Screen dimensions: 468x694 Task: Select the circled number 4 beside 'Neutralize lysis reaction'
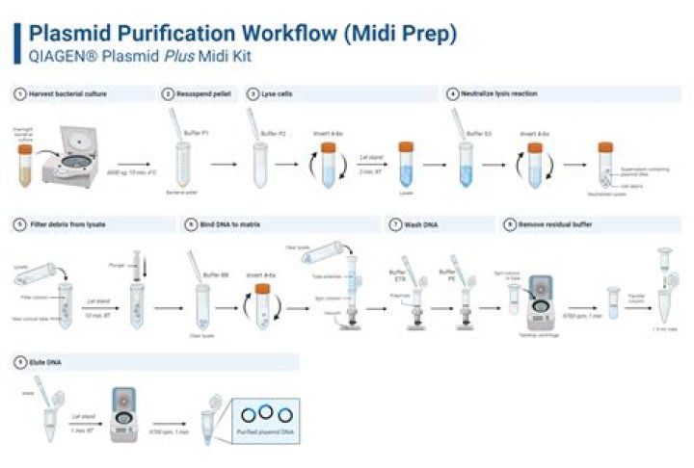tap(452, 94)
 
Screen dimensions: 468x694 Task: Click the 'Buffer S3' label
tap(479, 133)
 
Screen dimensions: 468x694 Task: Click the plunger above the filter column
tap(136, 264)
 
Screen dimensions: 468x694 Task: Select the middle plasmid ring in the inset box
tap(263, 416)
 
